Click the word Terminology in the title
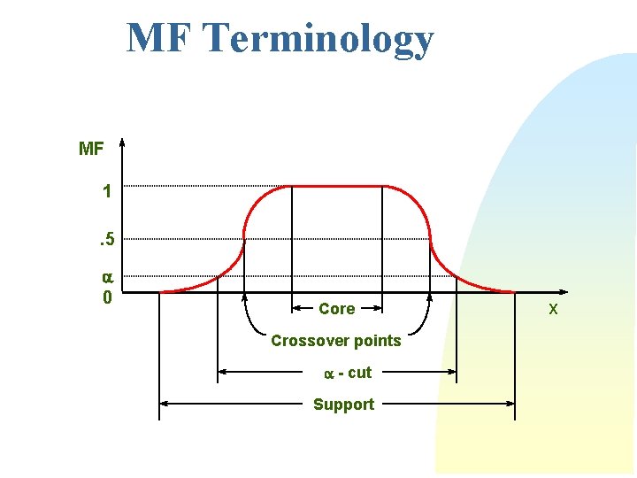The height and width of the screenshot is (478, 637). point(318,39)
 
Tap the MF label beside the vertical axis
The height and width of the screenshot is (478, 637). point(91,149)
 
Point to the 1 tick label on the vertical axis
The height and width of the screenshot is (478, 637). point(107,191)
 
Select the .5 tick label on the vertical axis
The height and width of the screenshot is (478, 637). point(105,238)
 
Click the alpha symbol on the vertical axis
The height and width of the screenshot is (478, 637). point(106,276)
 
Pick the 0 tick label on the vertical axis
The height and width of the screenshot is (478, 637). point(107,297)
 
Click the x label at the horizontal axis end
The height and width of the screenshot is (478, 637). point(553,309)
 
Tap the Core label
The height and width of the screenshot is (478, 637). point(336,309)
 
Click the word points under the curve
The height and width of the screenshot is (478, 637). point(377,341)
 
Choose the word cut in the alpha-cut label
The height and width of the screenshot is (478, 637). point(359,373)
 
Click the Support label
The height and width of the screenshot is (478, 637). point(343,405)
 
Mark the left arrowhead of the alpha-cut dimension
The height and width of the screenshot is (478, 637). point(222,373)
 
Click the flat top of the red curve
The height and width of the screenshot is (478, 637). point(336,186)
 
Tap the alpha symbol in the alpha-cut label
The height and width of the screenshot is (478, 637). point(328,374)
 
